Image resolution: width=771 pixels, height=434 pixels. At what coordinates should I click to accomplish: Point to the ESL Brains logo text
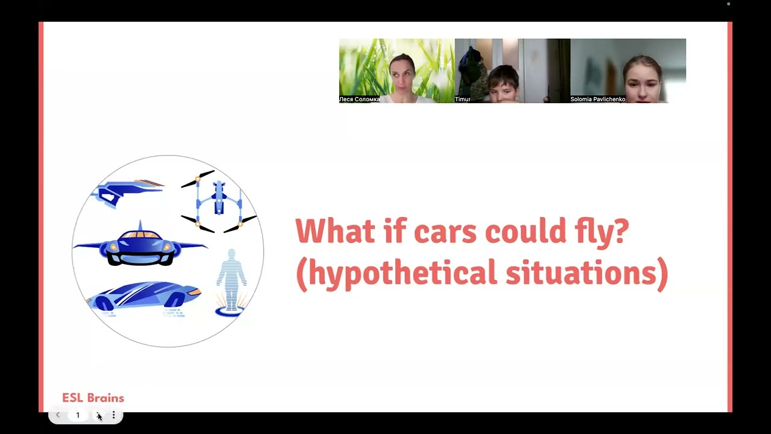click(x=93, y=398)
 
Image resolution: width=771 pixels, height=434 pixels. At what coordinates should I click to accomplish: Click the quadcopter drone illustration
click(x=219, y=201)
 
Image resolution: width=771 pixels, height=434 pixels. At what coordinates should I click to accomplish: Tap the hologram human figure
click(x=231, y=279)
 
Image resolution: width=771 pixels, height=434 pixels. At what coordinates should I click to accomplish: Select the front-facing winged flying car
click(x=140, y=245)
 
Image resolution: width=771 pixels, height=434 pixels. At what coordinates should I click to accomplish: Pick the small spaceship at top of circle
click(x=127, y=193)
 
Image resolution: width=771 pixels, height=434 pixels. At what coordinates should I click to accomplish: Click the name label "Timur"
click(x=463, y=99)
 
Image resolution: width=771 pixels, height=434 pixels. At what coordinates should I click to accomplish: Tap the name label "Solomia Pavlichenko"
click(x=598, y=99)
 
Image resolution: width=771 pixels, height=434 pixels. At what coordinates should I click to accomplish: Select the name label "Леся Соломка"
click(x=360, y=99)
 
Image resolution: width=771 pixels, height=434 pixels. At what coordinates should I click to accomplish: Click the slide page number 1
click(x=78, y=415)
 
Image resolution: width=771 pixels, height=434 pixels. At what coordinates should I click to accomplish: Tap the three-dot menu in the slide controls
click(x=114, y=415)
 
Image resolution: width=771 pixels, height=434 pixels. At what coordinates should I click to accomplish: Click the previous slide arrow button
click(x=58, y=415)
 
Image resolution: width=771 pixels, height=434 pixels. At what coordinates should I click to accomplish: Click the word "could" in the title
click(x=526, y=230)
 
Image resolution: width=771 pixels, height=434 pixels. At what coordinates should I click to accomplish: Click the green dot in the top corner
click(x=729, y=4)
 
